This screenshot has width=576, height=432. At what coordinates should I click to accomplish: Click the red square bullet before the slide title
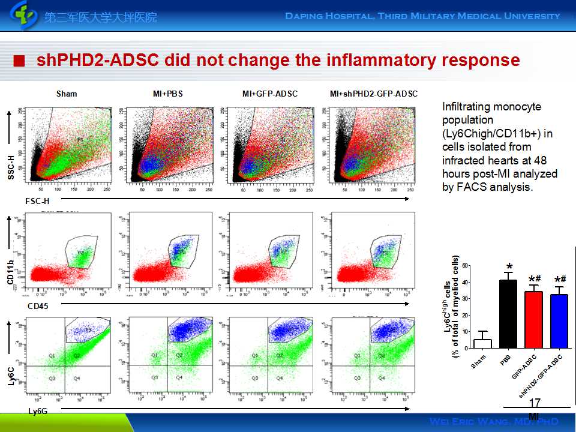[20, 61]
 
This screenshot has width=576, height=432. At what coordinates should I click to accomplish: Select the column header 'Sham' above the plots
[67, 94]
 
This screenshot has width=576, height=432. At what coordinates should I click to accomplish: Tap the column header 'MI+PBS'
[168, 94]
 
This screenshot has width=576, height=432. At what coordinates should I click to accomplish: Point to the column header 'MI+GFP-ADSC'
[269, 94]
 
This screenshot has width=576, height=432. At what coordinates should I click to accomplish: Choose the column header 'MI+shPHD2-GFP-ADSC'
[373, 94]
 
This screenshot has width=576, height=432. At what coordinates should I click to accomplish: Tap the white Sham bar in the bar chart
[482, 343]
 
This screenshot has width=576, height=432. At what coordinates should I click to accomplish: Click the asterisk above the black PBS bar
[509, 267]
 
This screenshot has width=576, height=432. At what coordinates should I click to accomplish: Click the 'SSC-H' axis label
[11, 167]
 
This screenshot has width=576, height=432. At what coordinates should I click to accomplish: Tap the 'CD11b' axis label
[11, 274]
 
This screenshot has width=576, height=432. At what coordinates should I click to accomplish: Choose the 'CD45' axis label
[37, 306]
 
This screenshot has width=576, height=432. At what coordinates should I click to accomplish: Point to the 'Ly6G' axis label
[37, 411]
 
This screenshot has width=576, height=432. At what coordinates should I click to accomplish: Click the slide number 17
[535, 403]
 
